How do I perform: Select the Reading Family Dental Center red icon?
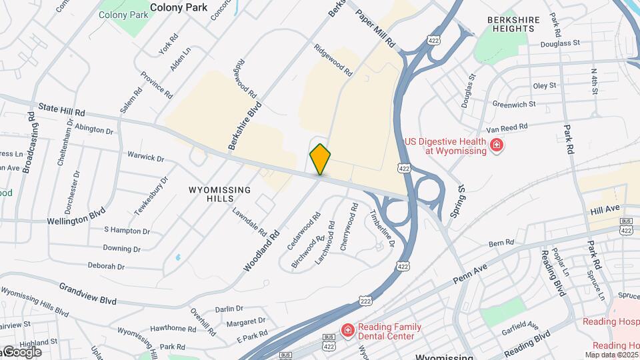point(347,331)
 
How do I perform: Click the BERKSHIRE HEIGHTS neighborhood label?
point(513,25)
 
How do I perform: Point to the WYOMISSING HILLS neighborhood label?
point(220,194)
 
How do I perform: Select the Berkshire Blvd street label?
point(243,127)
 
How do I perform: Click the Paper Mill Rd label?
point(375,28)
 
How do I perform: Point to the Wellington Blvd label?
point(77,218)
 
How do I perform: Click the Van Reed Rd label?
point(507,126)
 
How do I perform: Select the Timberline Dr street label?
point(382,228)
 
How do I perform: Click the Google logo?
point(21,352)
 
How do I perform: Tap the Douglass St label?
point(561,42)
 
